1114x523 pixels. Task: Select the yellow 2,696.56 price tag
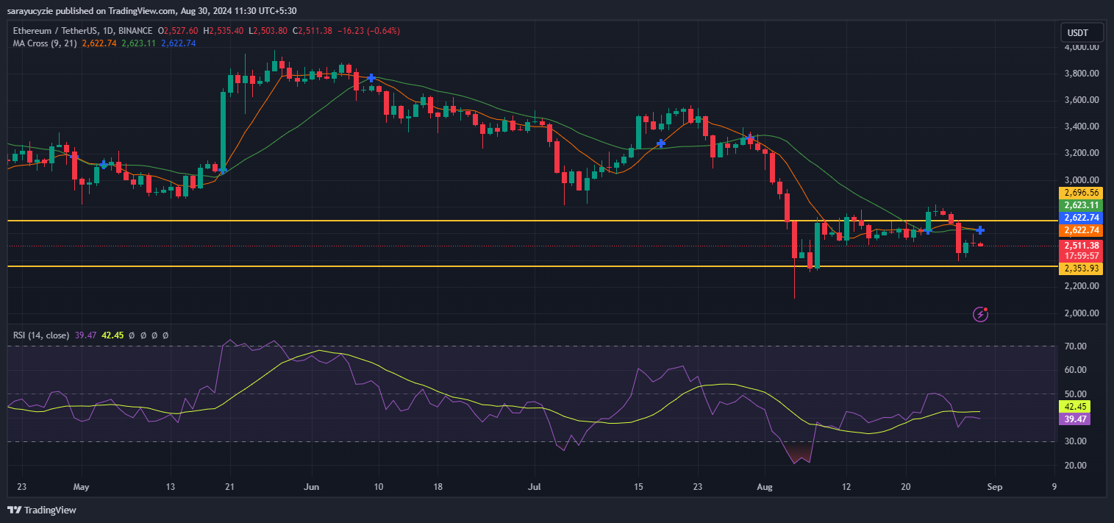[x=1079, y=193]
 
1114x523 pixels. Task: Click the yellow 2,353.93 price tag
[x=1079, y=268]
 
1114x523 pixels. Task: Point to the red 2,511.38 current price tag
[x=1079, y=246]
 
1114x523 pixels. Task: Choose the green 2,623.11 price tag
[x=1079, y=205]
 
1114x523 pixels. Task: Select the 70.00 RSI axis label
[x=1076, y=346]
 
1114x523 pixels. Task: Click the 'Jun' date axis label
[x=312, y=487]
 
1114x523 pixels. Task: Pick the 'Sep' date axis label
[x=988, y=487]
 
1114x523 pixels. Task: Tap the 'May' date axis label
[x=81, y=487]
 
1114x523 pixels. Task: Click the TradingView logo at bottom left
[x=42, y=510]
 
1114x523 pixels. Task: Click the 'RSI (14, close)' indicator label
[x=41, y=335]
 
